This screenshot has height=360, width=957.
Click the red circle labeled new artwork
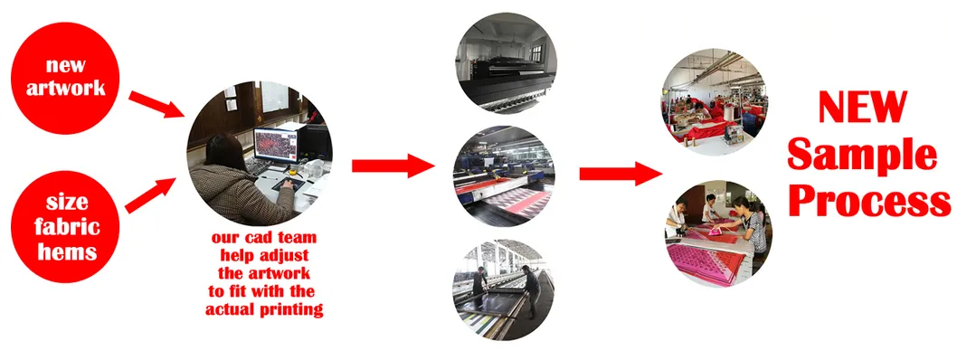65,77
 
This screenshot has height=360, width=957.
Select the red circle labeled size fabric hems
65,226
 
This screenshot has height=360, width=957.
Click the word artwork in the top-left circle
66,89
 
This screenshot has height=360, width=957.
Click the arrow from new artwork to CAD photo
156,104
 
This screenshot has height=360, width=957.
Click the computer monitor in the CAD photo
276,146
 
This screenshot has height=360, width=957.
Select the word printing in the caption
293,310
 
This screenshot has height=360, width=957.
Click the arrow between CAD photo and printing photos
393,166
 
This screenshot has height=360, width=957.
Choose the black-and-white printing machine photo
506,64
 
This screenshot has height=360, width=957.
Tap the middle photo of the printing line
504,176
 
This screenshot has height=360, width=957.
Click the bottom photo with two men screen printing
504,289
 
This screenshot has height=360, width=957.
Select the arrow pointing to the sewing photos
621,174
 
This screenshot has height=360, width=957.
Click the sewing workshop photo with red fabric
715,101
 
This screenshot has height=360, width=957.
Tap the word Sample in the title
862,156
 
